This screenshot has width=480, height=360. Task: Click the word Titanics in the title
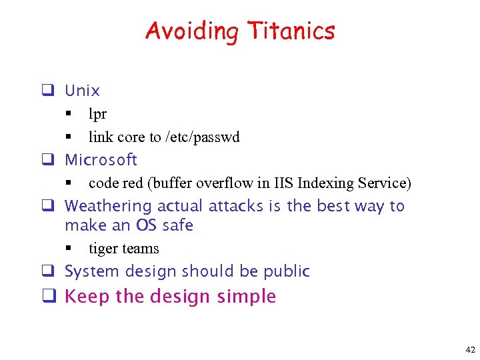tap(291, 31)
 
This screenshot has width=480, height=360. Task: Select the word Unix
tap(82, 91)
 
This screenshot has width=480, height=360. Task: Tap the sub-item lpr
tap(97, 115)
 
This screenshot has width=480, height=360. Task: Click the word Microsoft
tap(101, 160)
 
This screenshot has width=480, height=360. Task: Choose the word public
tap(287, 272)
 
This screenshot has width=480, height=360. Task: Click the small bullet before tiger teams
tap(68, 249)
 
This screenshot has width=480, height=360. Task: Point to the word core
tap(131, 137)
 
